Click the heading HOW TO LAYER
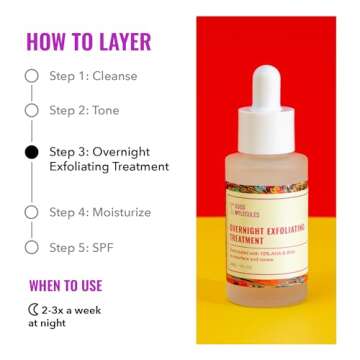(x=89, y=42)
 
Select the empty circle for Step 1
(x=32, y=76)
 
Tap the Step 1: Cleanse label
(x=94, y=76)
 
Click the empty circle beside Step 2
(x=32, y=111)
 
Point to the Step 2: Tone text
(x=86, y=111)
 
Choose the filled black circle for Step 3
(x=32, y=152)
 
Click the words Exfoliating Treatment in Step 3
(x=109, y=166)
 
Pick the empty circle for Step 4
(x=32, y=212)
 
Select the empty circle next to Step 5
(x=32, y=246)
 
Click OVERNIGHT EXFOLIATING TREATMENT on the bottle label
(x=266, y=232)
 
